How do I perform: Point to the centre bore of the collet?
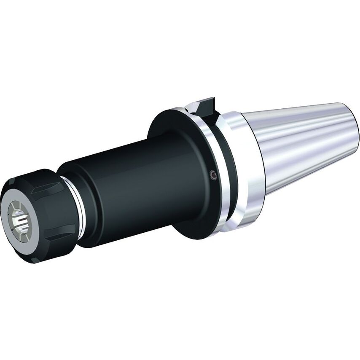(21, 219)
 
